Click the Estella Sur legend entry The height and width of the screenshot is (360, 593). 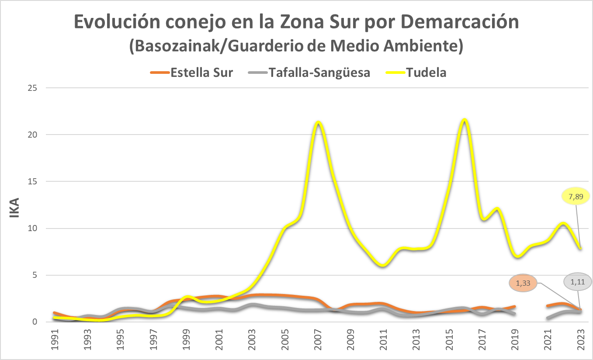(191, 73)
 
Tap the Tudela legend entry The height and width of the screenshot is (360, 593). (416, 73)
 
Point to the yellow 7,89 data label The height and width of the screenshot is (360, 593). (575, 196)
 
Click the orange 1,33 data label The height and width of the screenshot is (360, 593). (523, 283)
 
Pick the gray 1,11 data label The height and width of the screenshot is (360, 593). (577, 282)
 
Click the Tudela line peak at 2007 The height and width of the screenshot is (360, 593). (318, 122)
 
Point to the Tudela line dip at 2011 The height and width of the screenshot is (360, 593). (383, 265)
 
